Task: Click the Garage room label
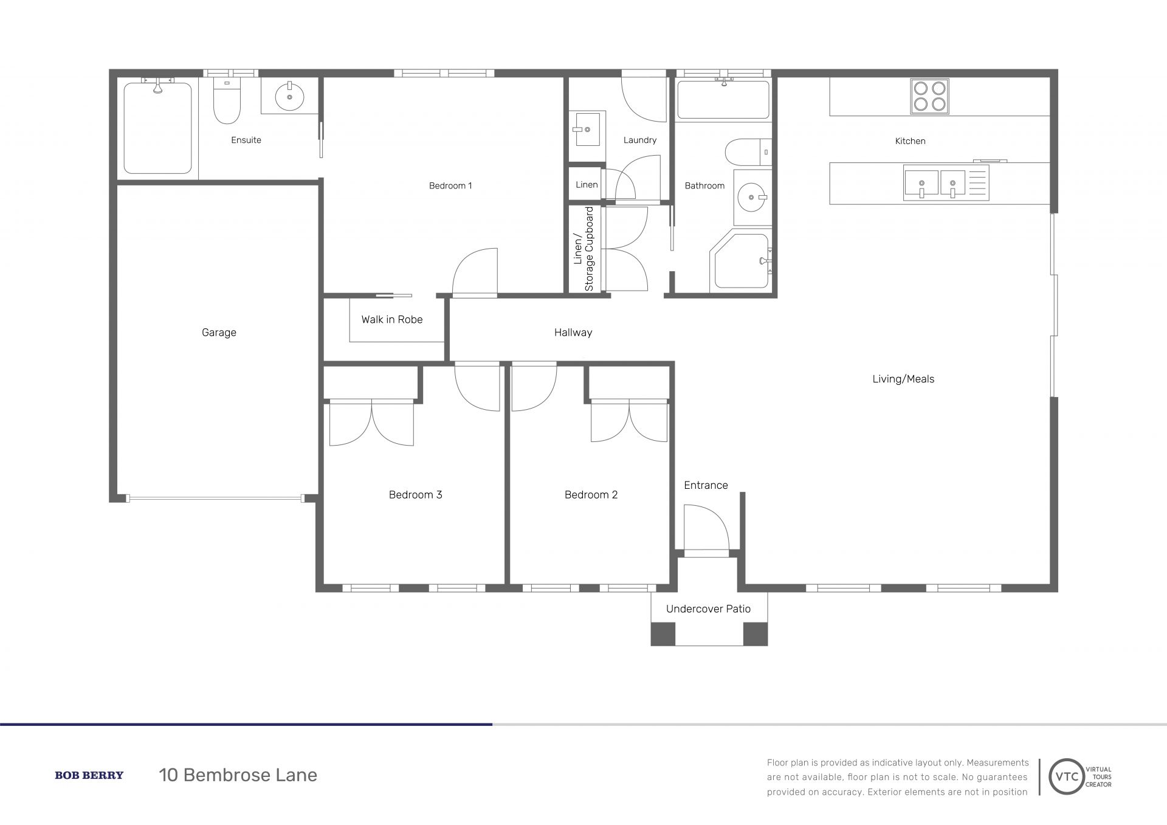pos(219,333)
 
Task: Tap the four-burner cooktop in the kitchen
pos(929,97)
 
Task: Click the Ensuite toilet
pos(227,102)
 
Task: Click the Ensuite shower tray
pos(158,128)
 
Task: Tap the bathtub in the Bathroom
pos(723,99)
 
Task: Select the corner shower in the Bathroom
pos(740,262)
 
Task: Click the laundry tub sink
pos(587,128)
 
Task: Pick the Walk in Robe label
pos(392,320)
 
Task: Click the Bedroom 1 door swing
pos(475,272)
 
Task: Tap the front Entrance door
pos(706,529)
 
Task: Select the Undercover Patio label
pos(708,609)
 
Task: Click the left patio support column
pos(663,634)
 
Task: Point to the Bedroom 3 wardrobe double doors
pos(371,423)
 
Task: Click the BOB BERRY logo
pos(89,775)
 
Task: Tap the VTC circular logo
pos(1067,776)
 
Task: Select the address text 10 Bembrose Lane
pos(238,775)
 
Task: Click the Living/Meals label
pos(903,379)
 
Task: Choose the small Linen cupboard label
pos(587,185)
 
